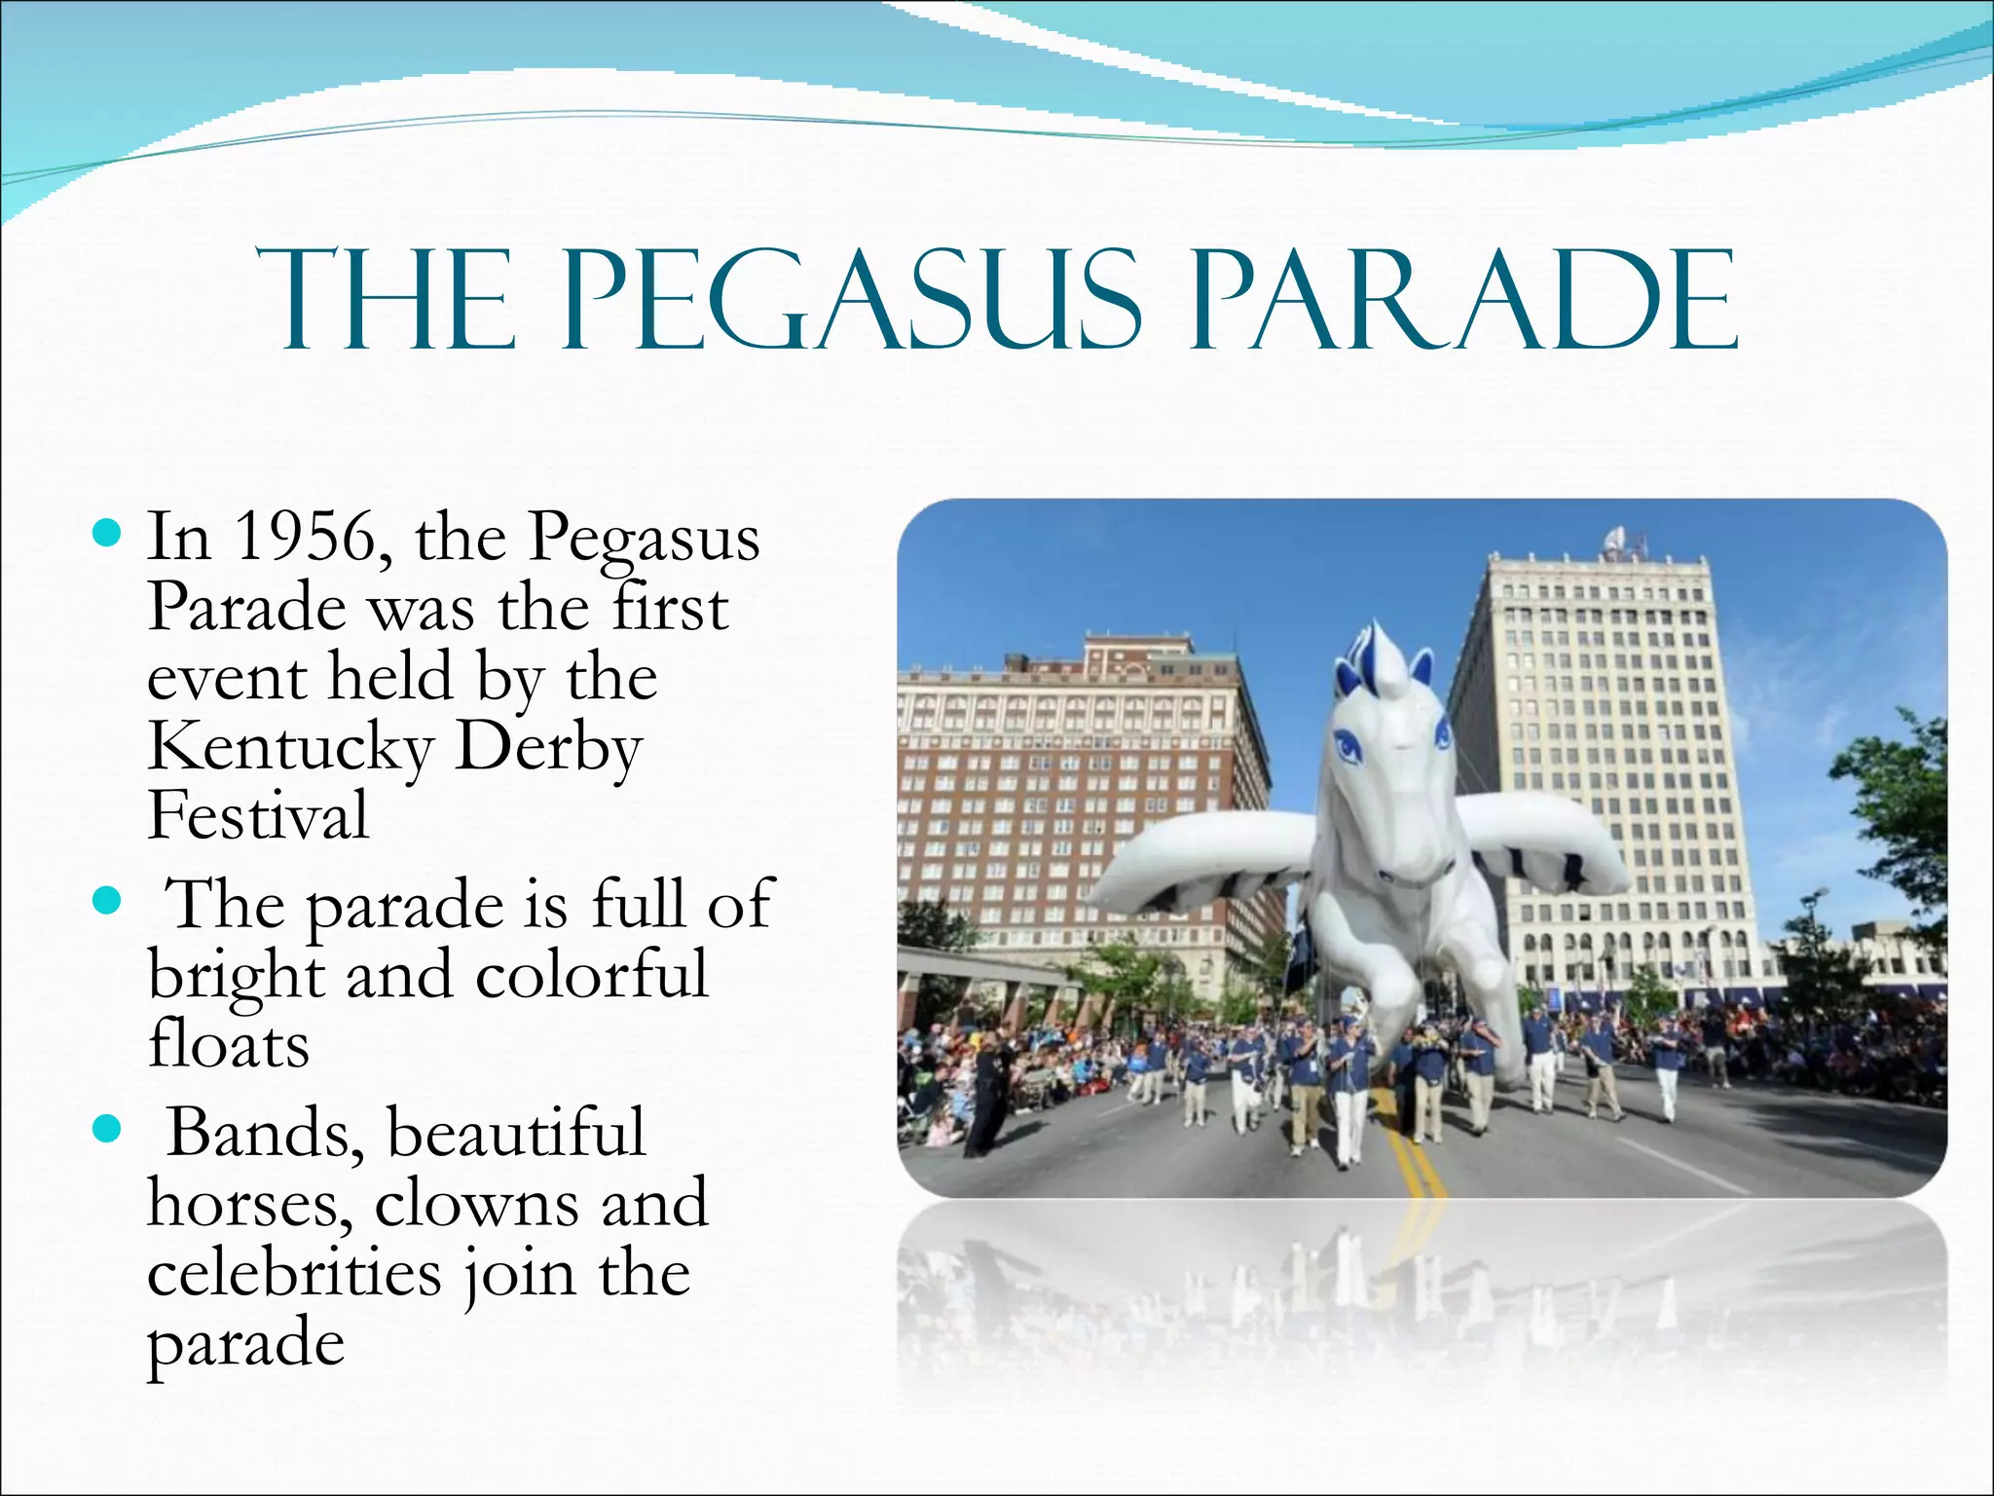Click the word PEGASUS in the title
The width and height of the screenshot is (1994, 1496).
point(852,299)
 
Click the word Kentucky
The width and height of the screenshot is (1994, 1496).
point(290,747)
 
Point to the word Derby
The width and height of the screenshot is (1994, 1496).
point(548,747)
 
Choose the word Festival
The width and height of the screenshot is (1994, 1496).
point(258,816)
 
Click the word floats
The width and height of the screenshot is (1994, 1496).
point(229,1045)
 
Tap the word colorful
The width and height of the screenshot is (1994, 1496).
point(592,975)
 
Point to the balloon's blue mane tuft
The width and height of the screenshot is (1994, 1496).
point(1368,648)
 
